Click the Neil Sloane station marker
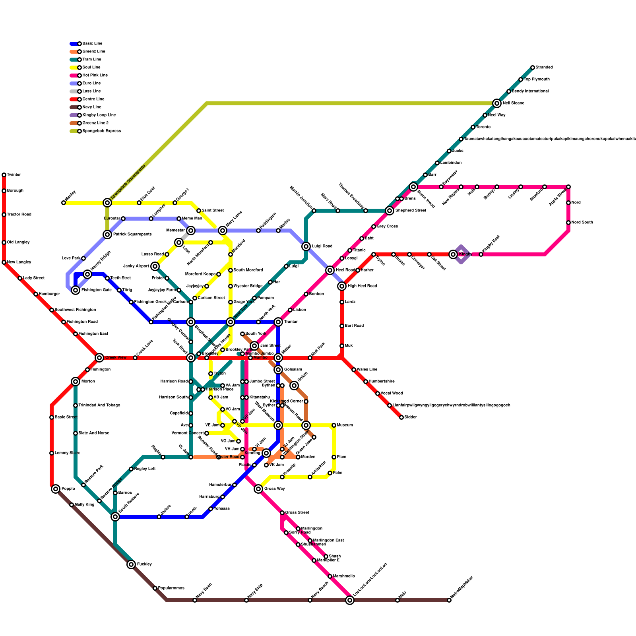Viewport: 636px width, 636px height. pos(497,103)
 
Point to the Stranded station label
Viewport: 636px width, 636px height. pos(544,68)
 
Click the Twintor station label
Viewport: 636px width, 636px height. pos(14,175)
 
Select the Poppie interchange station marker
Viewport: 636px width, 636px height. pos(56,489)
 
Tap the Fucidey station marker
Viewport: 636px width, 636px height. pos(131,564)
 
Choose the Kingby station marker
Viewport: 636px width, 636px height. pos(453,254)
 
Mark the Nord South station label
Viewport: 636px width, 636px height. pos(582,223)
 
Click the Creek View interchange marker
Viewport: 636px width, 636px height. pos(99,358)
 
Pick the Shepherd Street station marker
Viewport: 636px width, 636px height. pos(390,211)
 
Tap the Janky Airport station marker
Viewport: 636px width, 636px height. pos(155,266)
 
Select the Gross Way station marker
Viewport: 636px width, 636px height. pos(258,489)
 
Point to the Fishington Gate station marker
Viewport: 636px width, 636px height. pos(76,290)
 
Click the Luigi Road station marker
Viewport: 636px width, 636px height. pos(306,246)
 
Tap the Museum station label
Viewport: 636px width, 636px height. pos(345,425)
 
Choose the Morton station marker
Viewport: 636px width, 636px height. pos(76,382)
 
